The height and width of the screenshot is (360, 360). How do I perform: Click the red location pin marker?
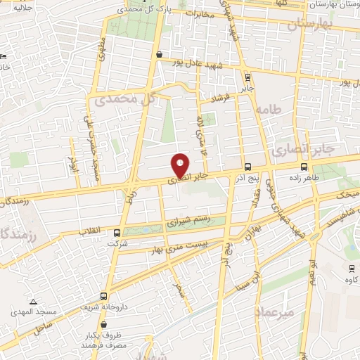(x=180, y=165)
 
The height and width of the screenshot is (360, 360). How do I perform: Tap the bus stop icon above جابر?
(x=247, y=77)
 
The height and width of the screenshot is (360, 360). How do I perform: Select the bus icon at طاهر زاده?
(x=304, y=167)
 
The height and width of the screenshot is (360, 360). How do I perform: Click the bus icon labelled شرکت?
(x=117, y=233)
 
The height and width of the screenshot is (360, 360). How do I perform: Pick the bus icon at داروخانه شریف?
(x=104, y=296)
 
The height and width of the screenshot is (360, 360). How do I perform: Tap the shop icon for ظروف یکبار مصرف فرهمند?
(x=104, y=326)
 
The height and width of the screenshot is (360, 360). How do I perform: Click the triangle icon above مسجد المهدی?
(x=32, y=300)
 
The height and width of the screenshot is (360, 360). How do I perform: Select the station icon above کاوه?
(x=351, y=269)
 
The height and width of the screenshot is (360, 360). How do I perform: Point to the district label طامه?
(x=269, y=110)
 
